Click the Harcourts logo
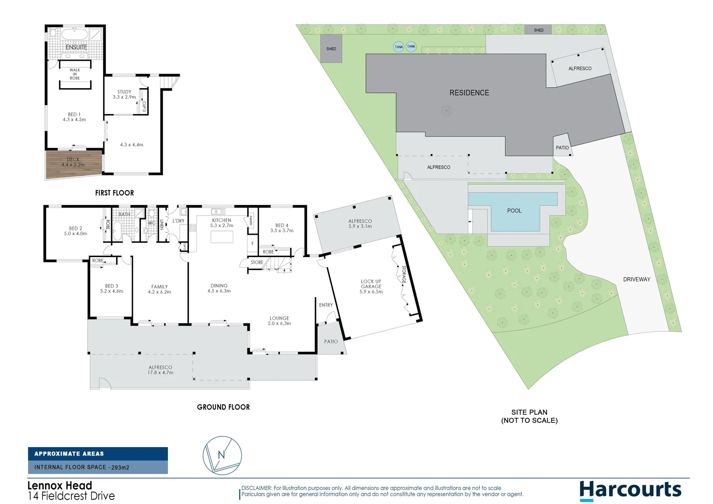(630, 490)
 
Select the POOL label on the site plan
(514, 211)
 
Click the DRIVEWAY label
(636, 280)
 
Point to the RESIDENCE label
(469, 93)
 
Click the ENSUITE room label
(76, 47)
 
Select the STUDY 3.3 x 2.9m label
(124, 95)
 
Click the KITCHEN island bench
(222, 237)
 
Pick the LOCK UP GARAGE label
(371, 287)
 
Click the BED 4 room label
(282, 228)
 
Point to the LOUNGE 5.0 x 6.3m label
(279, 321)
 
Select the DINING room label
(219, 288)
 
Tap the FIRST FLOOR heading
(114, 193)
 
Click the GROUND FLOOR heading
(223, 407)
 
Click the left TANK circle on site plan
(398, 47)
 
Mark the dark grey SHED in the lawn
(331, 49)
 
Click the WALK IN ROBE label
(75, 74)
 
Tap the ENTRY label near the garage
(326, 305)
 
